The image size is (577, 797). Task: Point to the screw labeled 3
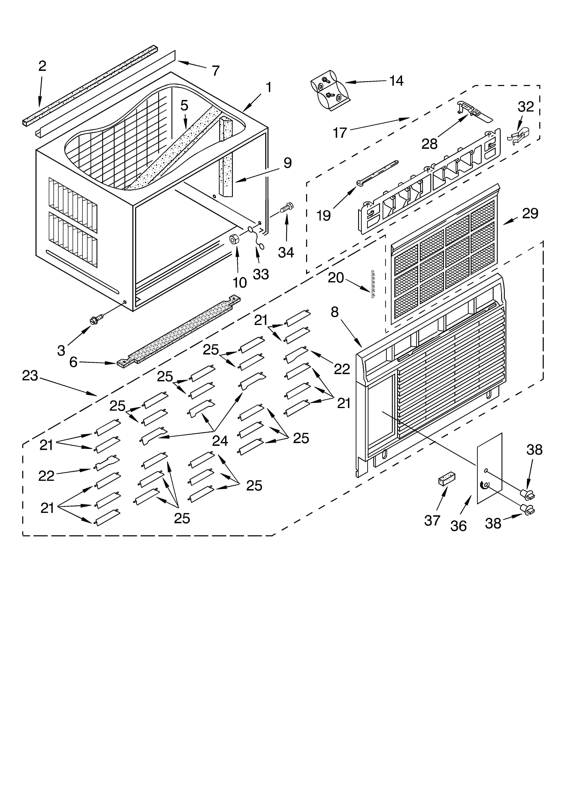96,319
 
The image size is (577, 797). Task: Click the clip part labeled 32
519,136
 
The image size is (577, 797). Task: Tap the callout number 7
216,71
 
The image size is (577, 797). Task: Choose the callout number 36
458,526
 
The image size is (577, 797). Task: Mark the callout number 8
335,312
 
